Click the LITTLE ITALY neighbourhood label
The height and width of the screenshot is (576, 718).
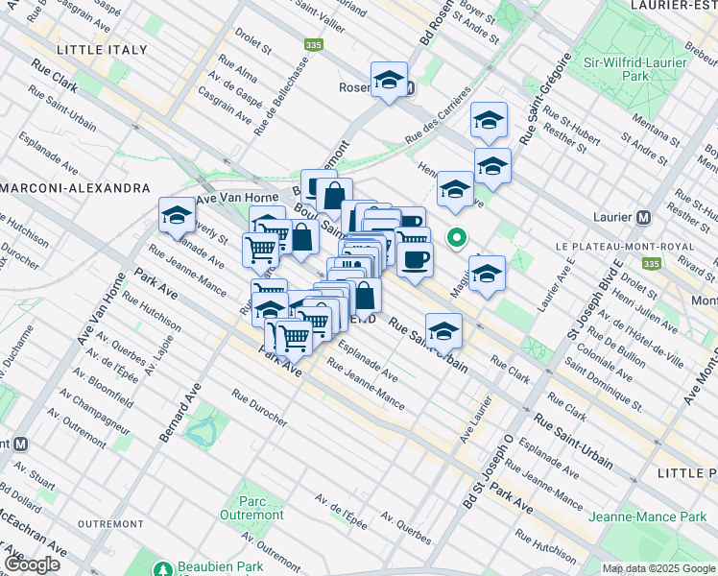coord(103,49)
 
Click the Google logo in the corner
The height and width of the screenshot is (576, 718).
coord(32,564)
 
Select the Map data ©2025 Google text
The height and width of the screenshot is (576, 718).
coord(658,568)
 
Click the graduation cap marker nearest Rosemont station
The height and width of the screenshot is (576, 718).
coord(389,80)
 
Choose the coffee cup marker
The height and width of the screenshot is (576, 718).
coord(415,259)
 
